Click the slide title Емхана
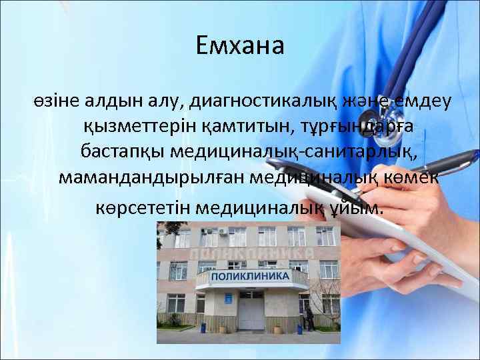pos(240,46)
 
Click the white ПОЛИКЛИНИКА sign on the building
pos(251,276)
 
